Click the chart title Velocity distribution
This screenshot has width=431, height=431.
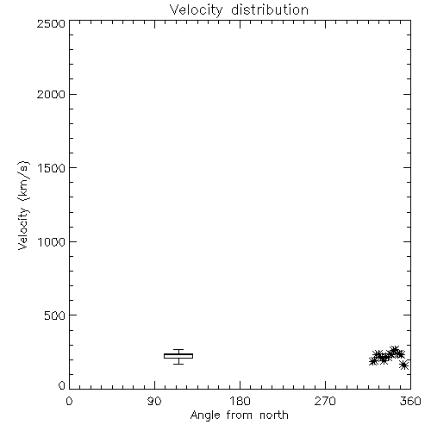(239, 9)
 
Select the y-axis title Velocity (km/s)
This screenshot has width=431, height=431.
(23, 205)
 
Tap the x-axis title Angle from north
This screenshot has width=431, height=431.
(239, 415)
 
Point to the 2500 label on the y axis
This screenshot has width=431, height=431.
(51, 23)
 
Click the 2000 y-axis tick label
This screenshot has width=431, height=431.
(51, 94)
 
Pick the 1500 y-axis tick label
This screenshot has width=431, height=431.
(52, 168)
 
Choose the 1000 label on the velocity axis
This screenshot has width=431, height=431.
(52, 242)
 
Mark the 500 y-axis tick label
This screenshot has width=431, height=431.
(55, 315)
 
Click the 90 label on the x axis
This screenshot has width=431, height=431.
(154, 401)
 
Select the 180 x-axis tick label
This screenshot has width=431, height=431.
(240, 401)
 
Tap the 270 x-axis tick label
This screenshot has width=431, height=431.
(325, 401)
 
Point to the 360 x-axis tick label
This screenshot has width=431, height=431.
(410, 401)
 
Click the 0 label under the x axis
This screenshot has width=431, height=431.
(69, 401)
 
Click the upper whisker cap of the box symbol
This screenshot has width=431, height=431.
(178, 349)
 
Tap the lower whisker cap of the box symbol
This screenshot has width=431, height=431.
(178, 364)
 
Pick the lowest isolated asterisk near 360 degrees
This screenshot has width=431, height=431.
(404, 365)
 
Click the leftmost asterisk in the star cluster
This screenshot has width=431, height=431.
(373, 361)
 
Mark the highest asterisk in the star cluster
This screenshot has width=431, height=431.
(394, 351)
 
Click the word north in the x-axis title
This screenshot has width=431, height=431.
(274, 415)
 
